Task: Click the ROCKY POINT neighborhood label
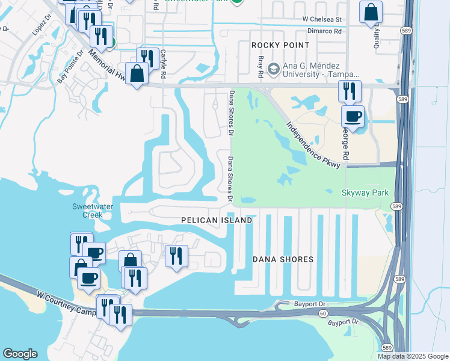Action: pos(280,45)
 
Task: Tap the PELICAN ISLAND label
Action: pos(217,221)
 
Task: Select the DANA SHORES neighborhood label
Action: pos(283,259)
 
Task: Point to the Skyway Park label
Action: pos(365,193)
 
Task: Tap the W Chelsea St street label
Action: pos(322,20)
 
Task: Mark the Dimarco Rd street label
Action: pos(325,30)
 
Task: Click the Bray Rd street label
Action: pos(261,67)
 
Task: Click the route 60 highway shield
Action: pos(323,313)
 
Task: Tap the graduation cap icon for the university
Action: pos(274,69)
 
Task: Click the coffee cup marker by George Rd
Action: pos(353,116)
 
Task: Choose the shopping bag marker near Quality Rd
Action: pos(371,11)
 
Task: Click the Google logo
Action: pos(20,354)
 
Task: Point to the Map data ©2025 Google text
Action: pos(413,356)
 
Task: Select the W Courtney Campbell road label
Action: pos(66,304)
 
